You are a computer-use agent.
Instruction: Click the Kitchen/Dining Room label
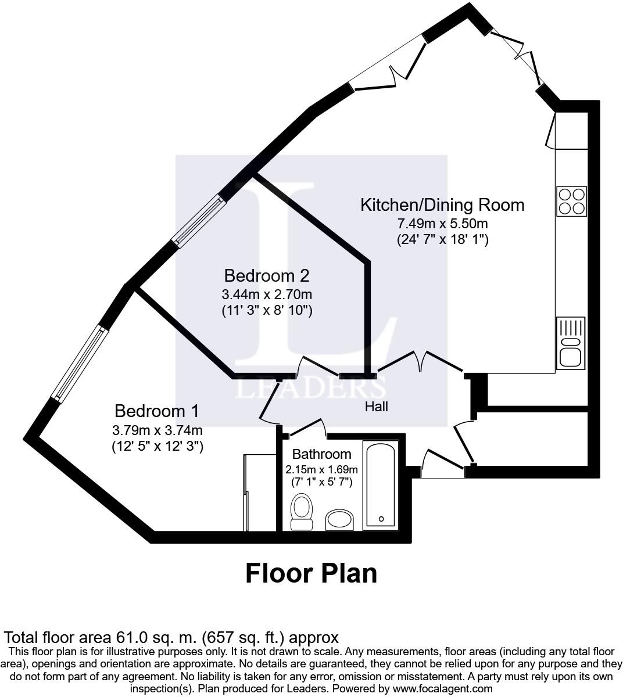click(x=442, y=205)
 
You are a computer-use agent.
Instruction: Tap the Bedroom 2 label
click(x=267, y=275)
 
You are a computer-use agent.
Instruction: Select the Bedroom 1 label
click(x=157, y=411)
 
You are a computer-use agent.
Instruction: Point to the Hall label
click(x=376, y=407)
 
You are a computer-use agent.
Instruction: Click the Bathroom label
click(x=321, y=454)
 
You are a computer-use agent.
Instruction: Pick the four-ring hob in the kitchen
click(x=571, y=201)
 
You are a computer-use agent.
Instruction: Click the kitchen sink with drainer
click(x=570, y=343)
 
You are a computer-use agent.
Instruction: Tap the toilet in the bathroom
click(x=301, y=512)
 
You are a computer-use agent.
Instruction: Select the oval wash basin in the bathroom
click(x=339, y=520)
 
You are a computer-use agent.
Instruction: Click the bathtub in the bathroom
click(x=380, y=485)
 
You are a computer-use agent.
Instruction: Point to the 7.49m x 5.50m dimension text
click(x=442, y=224)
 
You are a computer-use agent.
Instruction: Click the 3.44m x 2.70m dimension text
click(x=267, y=294)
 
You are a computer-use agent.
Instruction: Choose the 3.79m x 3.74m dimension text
click(x=157, y=430)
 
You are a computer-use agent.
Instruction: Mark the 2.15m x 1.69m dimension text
click(x=321, y=469)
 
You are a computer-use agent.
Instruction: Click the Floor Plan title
click(x=311, y=573)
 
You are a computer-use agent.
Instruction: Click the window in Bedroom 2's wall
click(x=198, y=222)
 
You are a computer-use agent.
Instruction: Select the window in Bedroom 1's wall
click(x=80, y=364)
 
